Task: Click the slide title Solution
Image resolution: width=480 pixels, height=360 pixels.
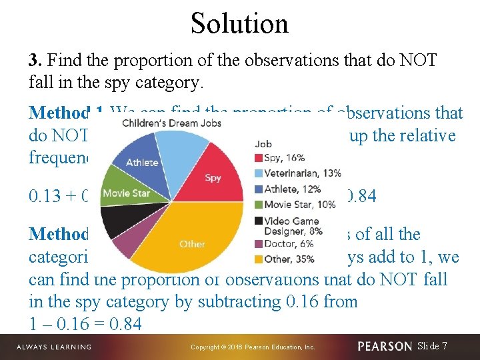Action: tap(239, 23)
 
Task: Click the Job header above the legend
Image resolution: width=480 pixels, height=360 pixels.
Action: tap(262, 143)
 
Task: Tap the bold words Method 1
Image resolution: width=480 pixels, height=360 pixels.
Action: tap(63, 113)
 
